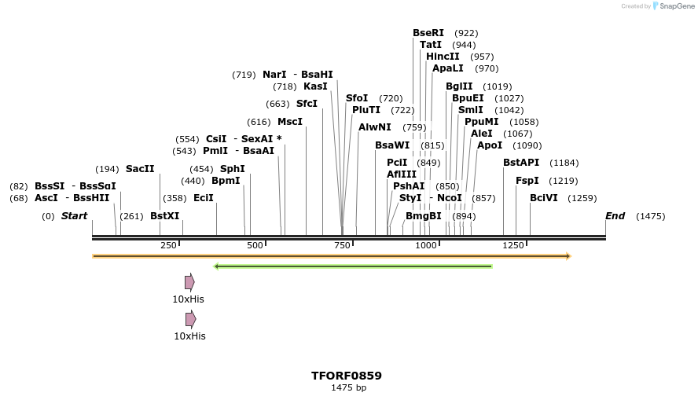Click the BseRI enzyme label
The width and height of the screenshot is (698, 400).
tap(428, 33)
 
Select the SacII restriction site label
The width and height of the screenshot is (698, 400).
tap(140, 169)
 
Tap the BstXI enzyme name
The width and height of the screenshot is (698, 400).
tap(164, 216)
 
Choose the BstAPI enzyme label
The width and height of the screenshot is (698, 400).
tap(521, 163)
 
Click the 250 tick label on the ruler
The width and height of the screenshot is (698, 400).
tap(168, 245)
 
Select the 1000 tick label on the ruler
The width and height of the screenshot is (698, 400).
tap(426, 245)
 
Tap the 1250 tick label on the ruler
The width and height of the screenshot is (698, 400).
tap(513, 245)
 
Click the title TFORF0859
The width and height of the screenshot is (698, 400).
tap(347, 376)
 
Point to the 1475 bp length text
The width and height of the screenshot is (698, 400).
tap(348, 387)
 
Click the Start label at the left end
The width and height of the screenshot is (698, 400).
tap(74, 216)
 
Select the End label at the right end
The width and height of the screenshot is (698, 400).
tap(615, 216)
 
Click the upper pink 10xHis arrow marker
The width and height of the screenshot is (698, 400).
tap(189, 282)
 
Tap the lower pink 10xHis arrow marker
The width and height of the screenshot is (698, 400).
tap(190, 319)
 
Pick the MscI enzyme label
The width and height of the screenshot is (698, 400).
tap(290, 122)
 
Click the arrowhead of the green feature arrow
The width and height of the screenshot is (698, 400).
tap(217, 266)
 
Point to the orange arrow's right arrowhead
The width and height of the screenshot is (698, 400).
tap(567, 256)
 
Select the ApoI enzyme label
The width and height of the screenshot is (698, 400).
tap(490, 145)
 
